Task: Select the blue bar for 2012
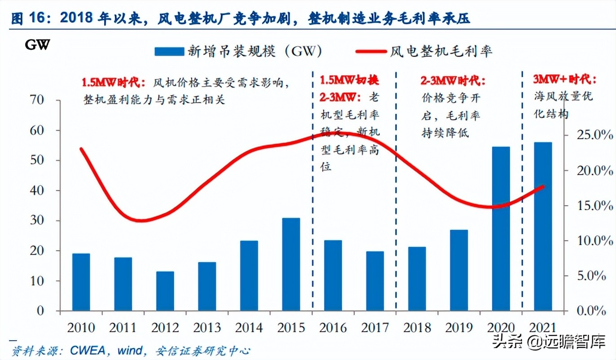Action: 165,291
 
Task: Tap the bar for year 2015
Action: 291,264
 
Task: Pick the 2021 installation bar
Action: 543,226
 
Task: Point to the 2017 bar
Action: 375,281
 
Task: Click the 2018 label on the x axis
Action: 417,327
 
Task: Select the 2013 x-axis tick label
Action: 207,327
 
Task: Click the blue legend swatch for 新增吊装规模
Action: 169,52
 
